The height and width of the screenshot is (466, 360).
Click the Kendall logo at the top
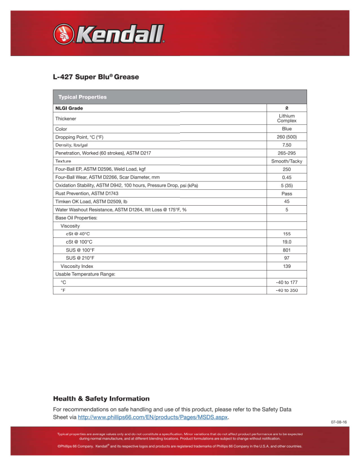click(109, 34)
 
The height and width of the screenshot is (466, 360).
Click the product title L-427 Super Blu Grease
click(96, 77)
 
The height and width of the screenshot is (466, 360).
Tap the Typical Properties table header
click(82, 97)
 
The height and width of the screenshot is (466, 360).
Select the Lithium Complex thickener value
click(287, 118)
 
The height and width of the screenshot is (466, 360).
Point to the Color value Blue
click(287, 129)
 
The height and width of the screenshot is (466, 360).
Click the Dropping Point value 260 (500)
click(287, 137)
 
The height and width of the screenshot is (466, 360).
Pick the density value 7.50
click(287, 145)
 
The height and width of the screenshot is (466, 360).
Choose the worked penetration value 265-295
click(287, 153)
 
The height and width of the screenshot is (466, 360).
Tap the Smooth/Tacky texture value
click(287, 161)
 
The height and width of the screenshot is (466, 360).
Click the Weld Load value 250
click(287, 169)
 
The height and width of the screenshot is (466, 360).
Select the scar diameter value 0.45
click(287, 177)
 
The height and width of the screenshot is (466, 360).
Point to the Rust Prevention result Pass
click(287, 193)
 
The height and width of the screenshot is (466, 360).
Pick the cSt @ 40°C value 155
click(287, 234)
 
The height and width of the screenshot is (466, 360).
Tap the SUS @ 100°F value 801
click(287, 250)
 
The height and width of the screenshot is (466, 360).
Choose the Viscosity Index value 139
click(287, 266)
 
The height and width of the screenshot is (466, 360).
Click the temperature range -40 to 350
click(287, 290)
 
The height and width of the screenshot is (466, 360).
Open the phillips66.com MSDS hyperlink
click(153, 417)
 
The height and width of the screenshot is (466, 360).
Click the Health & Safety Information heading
click(101, 398)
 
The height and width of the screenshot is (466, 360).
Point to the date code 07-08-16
click(339, 422)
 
